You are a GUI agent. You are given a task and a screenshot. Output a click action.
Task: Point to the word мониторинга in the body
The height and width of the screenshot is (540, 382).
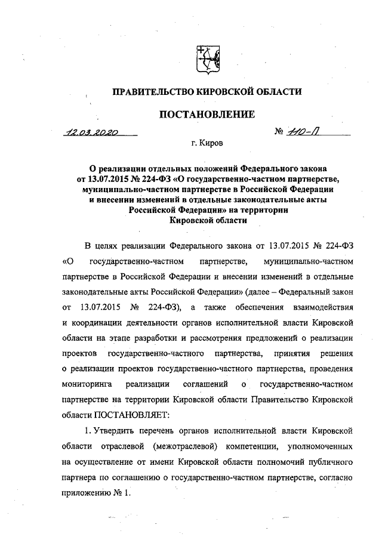click(85, 381)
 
